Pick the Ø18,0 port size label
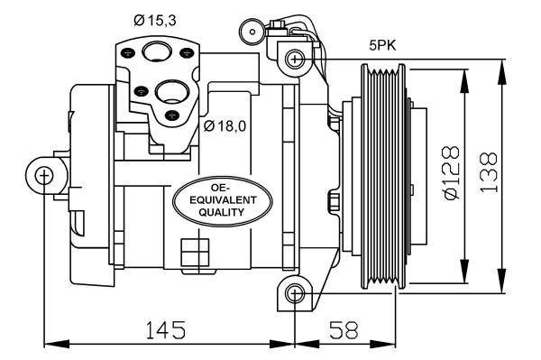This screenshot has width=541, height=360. tap(225, 125)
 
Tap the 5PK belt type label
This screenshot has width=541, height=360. tap(383, 42)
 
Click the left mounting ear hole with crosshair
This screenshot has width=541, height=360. tap(44, 174)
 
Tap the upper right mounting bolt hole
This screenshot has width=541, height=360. tap(293, 60)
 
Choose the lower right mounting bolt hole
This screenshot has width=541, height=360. tap(293, 292)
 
